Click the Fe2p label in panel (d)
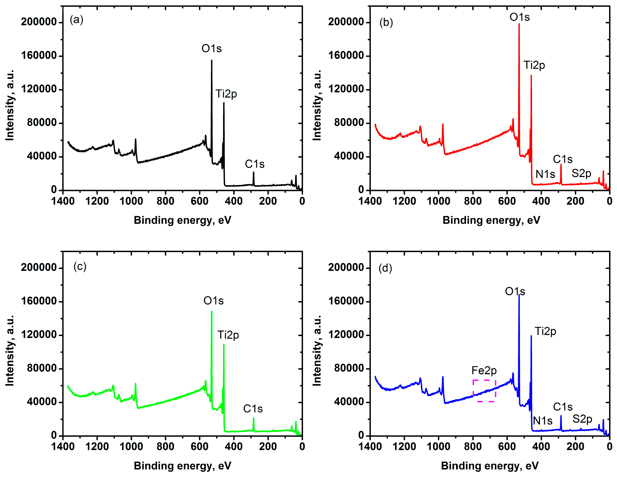(x=484, y=371)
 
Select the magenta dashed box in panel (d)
(x=484, y=391)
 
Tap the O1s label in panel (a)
(x=211, y=49)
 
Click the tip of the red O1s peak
(x=519, y=24)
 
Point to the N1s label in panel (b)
(x=545, y=174)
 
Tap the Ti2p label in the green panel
(x=228, y=335)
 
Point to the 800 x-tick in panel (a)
(x=166, y=201)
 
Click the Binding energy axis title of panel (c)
(x=183, y=466)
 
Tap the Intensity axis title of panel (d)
(x=317, y=350)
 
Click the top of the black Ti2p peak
(x=224, y=103)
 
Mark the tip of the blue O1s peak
(x=519, y=295)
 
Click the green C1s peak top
(x=253, y=418)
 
